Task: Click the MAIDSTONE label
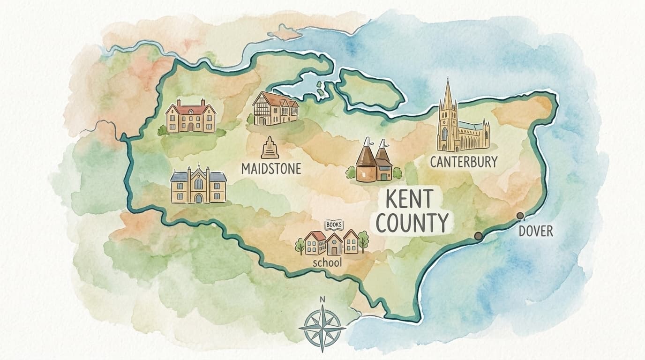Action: click(x=271, y=169)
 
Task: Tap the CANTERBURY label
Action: click(x=464, y=162)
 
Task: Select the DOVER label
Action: click(x=536, y=231)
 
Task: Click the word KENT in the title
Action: click(x=409, y=200)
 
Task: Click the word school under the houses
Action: click(x=327, y=263)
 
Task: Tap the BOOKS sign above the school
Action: click(x=334, y=225)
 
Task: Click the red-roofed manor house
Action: click(x=190, y=116)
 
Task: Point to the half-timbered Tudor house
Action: click(x=276, y=109)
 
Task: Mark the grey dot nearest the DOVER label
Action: click(x=520, y=216)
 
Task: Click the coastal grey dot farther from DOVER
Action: click(x=478, y=236)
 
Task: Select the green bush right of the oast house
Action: click(x=397, y=173)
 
